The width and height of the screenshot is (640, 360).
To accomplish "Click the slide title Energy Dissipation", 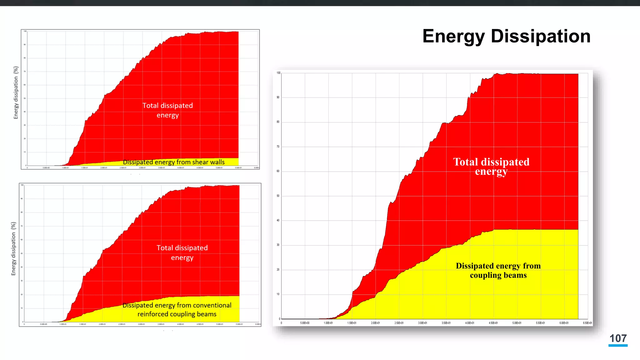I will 506,36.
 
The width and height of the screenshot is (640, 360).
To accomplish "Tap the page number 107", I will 618,338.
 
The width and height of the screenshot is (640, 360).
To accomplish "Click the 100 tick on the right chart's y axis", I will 278,73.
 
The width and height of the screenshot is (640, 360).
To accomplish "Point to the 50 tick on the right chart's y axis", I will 278,196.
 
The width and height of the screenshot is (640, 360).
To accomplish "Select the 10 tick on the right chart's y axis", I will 278,294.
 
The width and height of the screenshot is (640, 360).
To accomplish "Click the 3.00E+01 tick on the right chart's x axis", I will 422,323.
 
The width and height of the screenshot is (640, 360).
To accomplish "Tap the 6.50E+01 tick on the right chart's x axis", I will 587,323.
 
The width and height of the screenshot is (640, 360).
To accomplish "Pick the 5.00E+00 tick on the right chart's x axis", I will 305,323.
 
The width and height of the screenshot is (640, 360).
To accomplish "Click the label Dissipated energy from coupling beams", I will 498,271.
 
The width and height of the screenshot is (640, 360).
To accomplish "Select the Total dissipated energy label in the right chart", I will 491,167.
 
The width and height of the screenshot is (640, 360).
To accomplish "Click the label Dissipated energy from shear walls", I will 174,162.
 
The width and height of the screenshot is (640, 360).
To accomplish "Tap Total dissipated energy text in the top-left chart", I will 167,110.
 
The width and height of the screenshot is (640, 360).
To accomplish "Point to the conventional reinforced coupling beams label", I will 177,310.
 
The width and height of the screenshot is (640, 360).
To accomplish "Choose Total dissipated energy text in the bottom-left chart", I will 182,252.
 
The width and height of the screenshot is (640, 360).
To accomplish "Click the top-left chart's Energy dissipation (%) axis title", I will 16,92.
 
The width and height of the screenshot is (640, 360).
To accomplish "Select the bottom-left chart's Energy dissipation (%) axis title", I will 13,249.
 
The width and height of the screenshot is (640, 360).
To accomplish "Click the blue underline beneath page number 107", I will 618,346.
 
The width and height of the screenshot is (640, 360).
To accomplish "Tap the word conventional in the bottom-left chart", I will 211,305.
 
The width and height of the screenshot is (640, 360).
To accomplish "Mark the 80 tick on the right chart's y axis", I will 278,122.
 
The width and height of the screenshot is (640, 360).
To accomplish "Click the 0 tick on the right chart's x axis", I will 281,323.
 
